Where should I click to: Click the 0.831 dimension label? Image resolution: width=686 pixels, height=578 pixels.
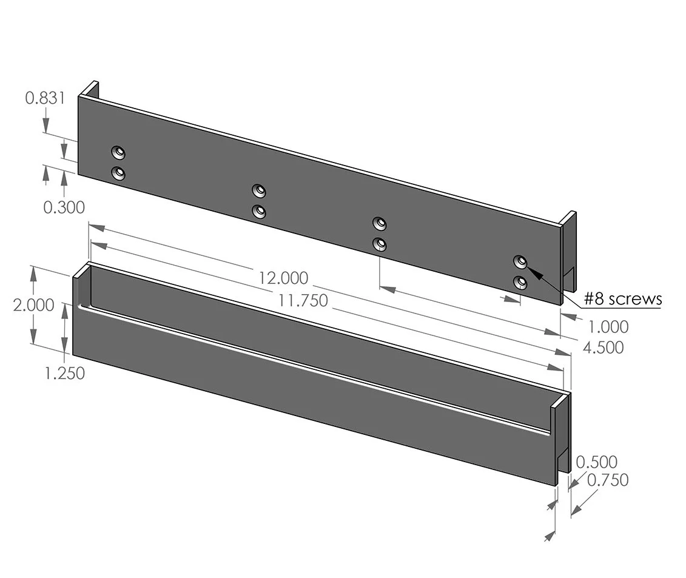(x=45, y=98)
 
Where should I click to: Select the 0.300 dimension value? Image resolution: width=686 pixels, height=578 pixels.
(x=64, y=207)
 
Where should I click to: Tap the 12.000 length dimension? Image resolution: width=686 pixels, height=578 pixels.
(x=283, y=278)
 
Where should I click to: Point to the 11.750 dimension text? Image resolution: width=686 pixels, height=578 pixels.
(x=303, y=300)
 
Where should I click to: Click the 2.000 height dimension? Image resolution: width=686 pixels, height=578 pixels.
(x=33, y=305)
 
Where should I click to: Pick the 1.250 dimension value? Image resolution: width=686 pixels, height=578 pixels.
(x=64, y=373)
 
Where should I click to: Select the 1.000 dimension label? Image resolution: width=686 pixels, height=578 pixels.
(x=608, y=327)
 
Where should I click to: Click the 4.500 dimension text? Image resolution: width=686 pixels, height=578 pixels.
(x=603, y=348)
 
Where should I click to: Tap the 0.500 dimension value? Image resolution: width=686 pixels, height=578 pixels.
(x=596, y=462)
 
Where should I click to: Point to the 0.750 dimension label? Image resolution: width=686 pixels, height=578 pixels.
(x=608, y=480)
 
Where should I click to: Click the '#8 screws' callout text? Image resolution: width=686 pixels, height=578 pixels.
(x=623, y=298)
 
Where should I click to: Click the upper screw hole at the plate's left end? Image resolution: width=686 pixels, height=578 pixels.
(x=118, y=151)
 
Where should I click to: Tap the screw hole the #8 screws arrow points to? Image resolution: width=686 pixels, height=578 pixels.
(x=520, y=261)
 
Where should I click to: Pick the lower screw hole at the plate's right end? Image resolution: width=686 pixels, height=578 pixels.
(x=520, y=283)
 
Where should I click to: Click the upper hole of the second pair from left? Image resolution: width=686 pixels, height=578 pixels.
(x=259, y=191)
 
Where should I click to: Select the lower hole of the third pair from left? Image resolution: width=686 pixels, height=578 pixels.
(x=380, y=244)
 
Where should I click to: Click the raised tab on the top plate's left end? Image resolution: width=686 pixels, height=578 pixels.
(x=90, y=89)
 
